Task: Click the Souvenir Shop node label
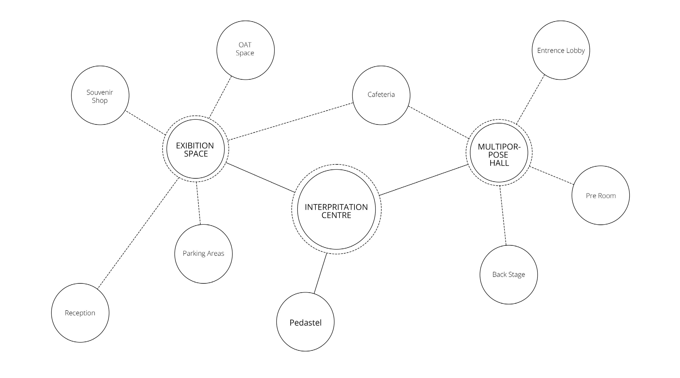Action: (x=100, y=96)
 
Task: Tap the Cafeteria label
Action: (x=381, y=94)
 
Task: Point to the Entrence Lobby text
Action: (x=561, y=50)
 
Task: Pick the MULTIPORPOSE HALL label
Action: (x=499, y=155)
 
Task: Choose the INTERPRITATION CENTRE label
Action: (x=336, y=211)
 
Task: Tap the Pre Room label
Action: (x=600, y=196)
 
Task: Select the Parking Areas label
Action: (x=203, y=253)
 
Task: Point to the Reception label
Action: (x=80, y=313)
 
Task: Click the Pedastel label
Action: (x=305, y=323)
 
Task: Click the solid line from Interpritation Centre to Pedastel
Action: (x=320, y=273)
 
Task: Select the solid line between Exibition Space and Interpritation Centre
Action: (x=260, y=178)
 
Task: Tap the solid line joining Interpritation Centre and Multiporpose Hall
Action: (x=424, y=180)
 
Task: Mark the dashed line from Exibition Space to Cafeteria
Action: (x=290, y=121)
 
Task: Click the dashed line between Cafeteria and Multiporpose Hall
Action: (x=438, y=122)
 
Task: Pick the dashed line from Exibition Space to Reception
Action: (x=138, y=233)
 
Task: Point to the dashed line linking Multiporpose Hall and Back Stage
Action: (x=503, y=215)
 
